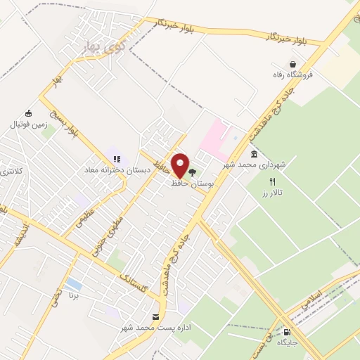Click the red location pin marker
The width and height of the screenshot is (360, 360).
tap(180, 165)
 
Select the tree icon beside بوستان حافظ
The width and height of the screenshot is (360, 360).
tap(192, 171)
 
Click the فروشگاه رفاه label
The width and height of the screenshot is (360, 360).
tap(290, 75)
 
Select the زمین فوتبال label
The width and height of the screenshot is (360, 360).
tap(26, 124)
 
